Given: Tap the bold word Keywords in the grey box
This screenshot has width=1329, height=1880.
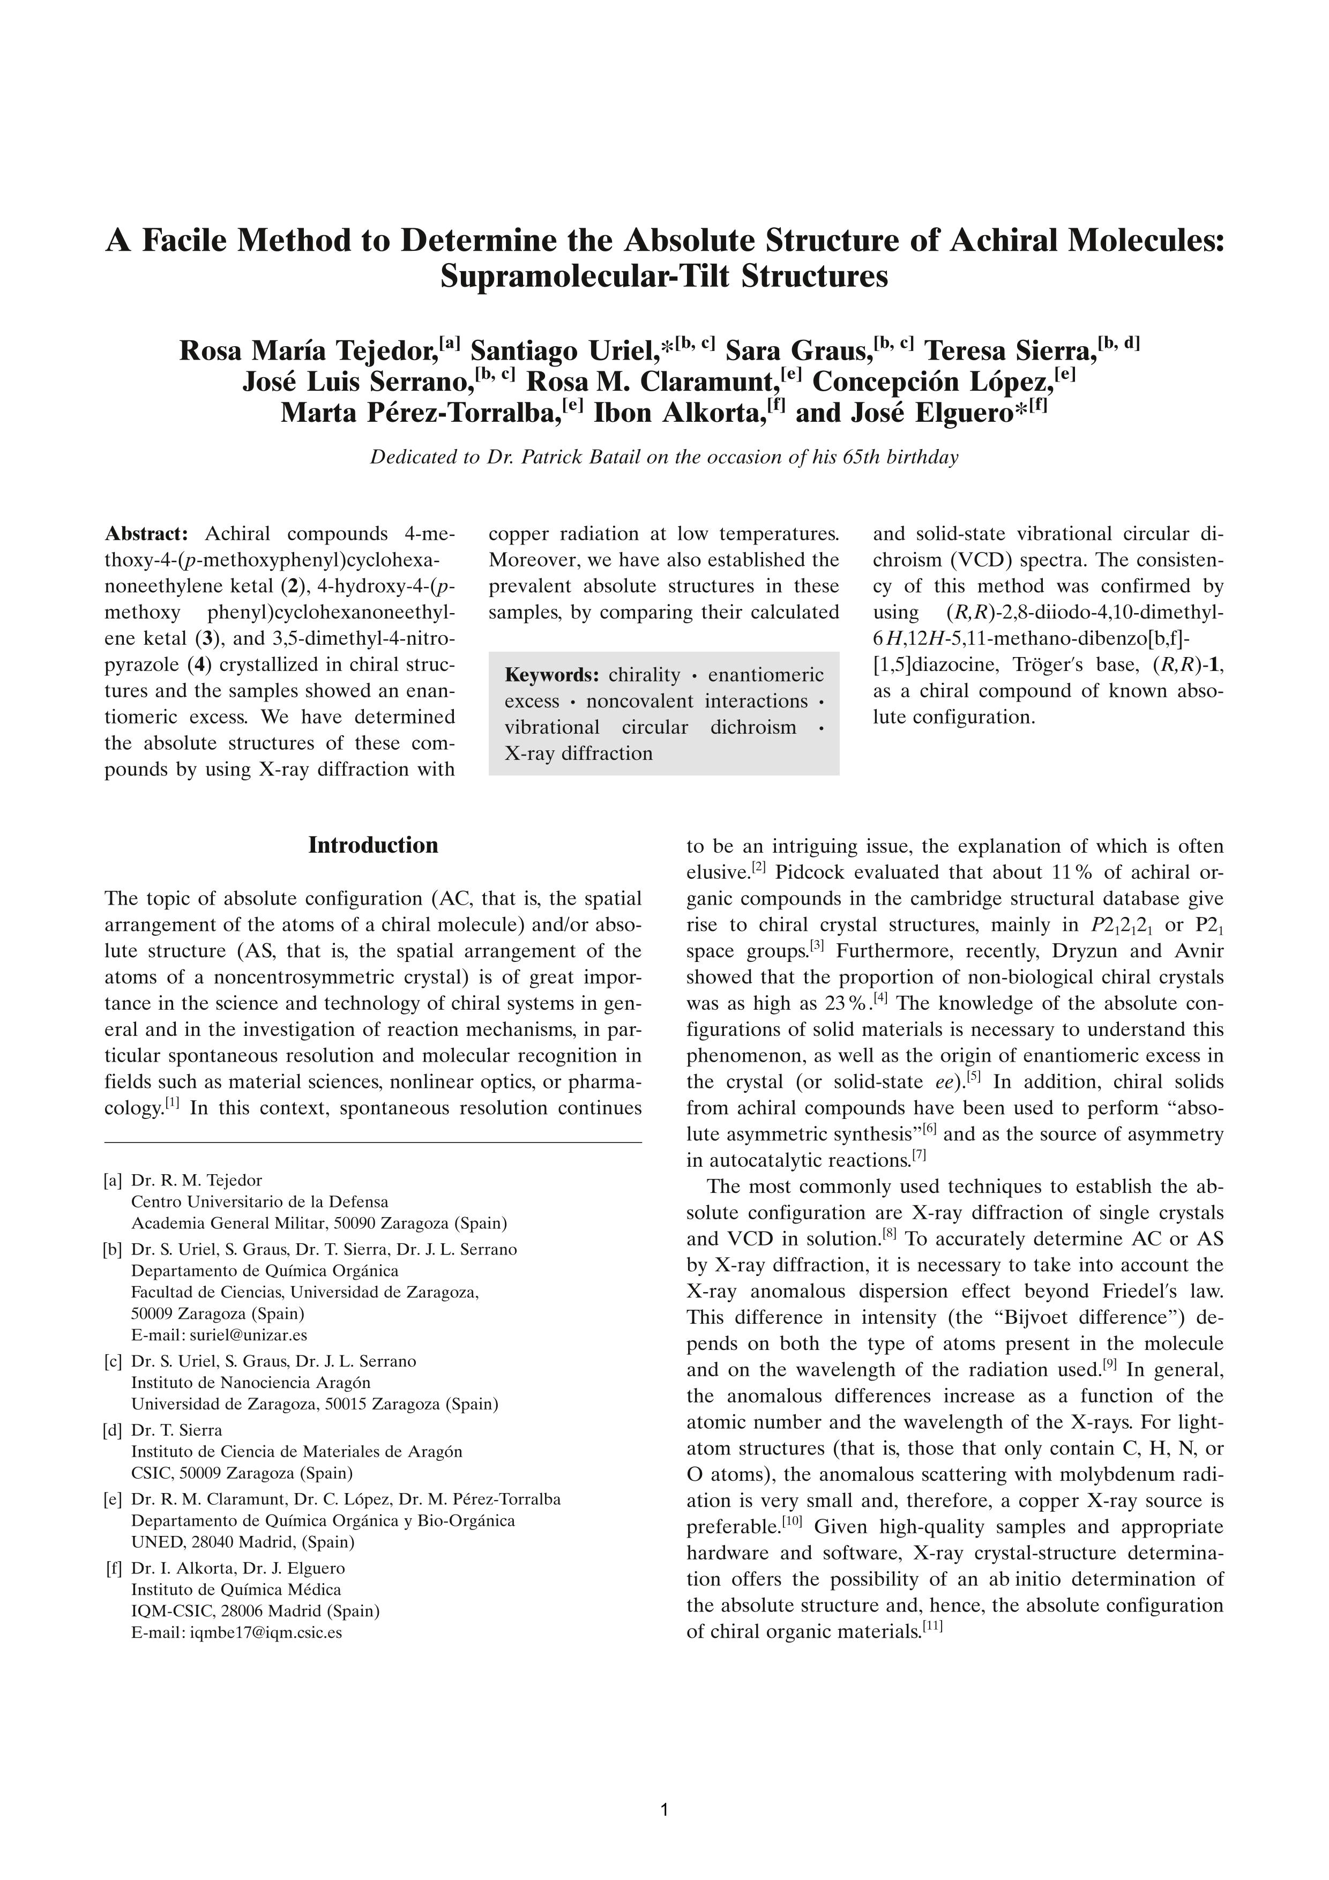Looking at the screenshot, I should [x=551, y=675].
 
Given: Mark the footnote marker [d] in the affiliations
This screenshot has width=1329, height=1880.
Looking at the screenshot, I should [x=113, y=1430].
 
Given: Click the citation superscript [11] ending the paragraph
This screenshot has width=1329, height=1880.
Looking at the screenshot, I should [x=932, y=1629].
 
